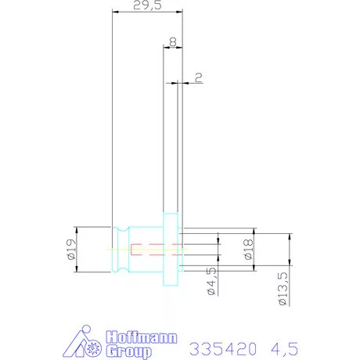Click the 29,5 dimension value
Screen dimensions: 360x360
click(x=147, y=5)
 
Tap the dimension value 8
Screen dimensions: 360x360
click(x=173, y=41)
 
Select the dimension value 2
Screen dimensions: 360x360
click(x=199, y=77)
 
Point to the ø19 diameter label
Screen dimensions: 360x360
click(x=71, y=250)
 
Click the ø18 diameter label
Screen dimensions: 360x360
click(x=249, y=250)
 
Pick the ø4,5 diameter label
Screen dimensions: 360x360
click(x=212, y=281)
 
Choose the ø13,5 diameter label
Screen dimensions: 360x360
click(x=283, y=289)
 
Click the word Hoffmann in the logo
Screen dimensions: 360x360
click(x=142, y=337)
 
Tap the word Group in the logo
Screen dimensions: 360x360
click(x=129, y=351)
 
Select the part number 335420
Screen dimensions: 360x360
click(x=223, y=349)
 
